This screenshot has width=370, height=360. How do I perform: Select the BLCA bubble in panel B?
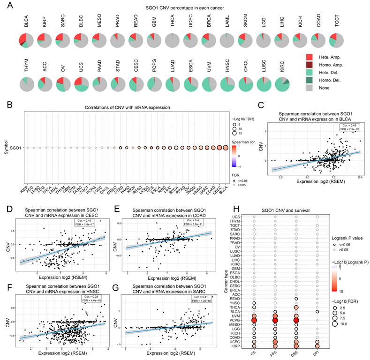(x=226, y=148)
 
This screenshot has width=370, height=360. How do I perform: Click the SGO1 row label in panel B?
(x=19, y=148)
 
